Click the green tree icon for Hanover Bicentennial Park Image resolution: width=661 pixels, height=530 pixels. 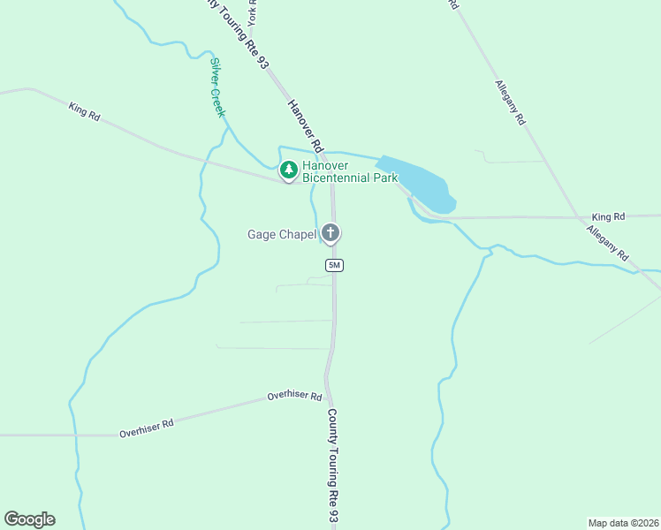tap(288, 169)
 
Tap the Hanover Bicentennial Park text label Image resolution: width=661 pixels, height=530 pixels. tap(350, 171)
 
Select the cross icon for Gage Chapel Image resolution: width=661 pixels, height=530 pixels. tap(331, 233)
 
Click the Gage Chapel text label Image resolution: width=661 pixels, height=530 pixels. tap(281, 234)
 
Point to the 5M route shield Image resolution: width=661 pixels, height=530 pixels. tap(334, 265)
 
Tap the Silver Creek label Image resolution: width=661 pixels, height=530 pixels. tap(217, 87)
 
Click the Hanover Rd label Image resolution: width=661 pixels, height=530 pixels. tap(306, 125)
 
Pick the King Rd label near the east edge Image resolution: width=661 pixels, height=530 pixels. tap(608, 216)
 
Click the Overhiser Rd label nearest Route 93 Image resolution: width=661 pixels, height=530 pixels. tap(294, 397)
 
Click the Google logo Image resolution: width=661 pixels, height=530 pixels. tap(29, 519)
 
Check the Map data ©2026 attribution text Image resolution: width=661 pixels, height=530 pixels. tap(623, 523)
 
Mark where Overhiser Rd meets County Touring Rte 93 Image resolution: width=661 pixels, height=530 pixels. tap(326, 392)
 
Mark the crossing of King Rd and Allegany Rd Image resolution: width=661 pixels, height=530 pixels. tap(579, 216)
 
